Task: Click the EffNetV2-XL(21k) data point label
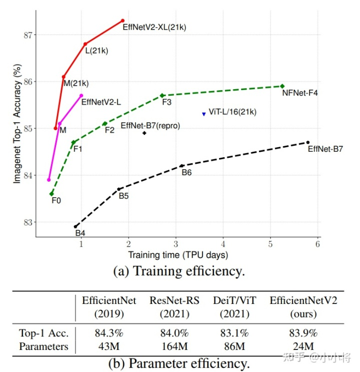click(x=154, y=27)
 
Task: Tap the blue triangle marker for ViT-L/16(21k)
click(x=204, y=114)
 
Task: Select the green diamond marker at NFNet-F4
click(x=282, y=86)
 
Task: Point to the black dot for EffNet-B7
click(x=307, y=142)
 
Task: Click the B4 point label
click(x=80, y=233)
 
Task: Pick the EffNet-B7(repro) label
click(x=150, y=126)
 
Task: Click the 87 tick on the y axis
click(x=27, y=35)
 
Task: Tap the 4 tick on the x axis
click(x=223, y=245)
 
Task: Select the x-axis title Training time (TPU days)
click(x=178, y=255)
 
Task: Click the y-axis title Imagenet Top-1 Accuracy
click(x=17, y=123)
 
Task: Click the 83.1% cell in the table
click(x=231, y=332)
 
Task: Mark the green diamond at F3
click(x=162, y=95)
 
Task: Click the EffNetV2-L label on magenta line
click(x=101, y=102)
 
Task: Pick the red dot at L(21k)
click(x=85, y=44)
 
